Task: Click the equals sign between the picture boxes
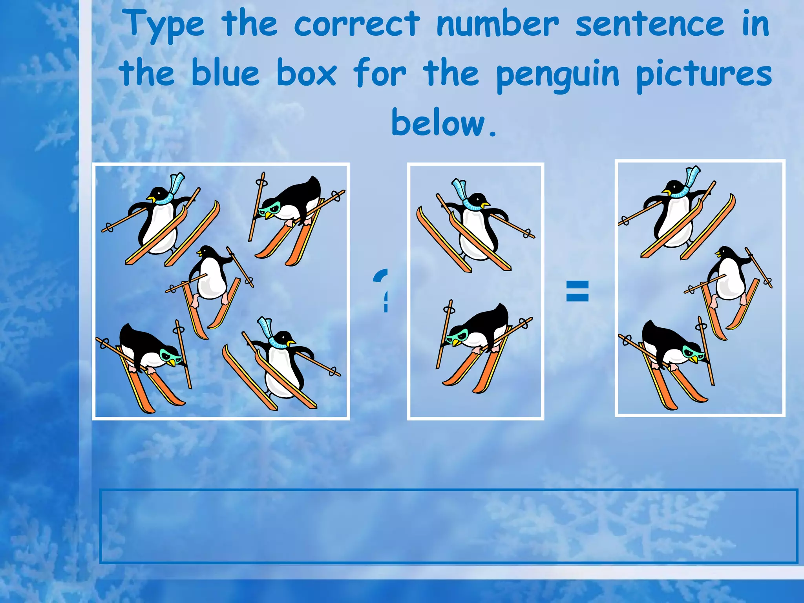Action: (x=577, y=291)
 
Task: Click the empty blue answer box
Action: (x=448, y=526)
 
